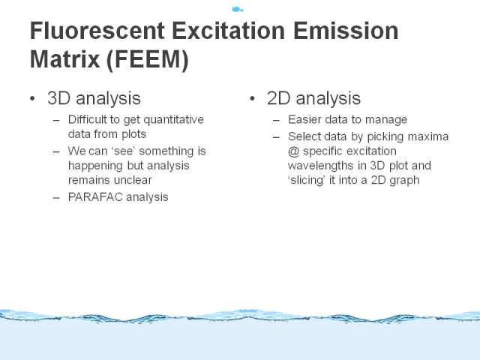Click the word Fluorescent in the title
[x=97, y=31]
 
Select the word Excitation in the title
[x=228, y=31]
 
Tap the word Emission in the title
[x=346, y=31]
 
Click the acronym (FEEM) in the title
[x=148, y=60]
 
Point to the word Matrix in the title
[x=64, y=59]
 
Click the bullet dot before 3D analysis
[x=32, y=98]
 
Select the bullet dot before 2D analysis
[x=252, y=98]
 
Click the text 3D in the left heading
[x=58, y=98]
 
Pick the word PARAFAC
[x=95, y=197]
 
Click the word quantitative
[x=173, y=120]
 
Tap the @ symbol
[x=293, y=151]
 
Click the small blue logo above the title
[x=238, y=9]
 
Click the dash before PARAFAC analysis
[x=56, y=198]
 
